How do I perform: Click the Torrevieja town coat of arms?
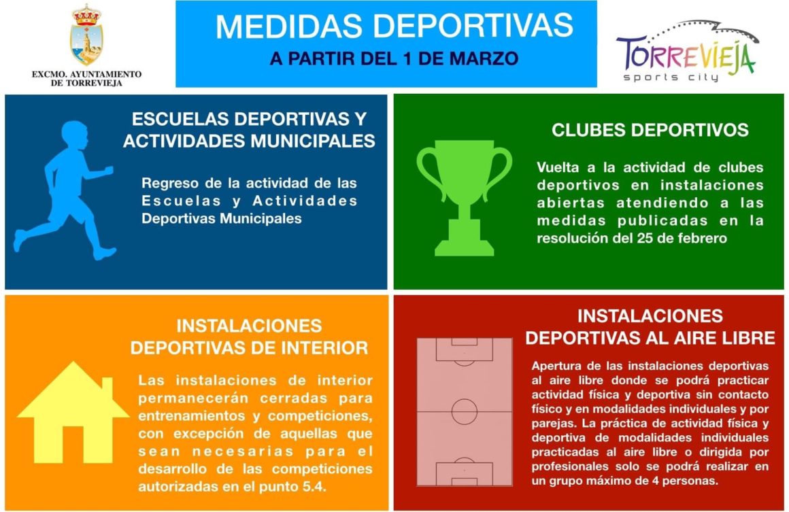pyautogui.click(x=86, y=37)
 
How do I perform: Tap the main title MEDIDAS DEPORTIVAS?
pyautogui.click(x=394, y=27)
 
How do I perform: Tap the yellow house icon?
pyautogui.click(x=73, y=422)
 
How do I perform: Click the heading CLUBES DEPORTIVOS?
pyautogui.click(x=650, y=130)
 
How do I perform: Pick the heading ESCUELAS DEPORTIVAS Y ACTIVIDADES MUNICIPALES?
pyautogui.click(x=249, y=130)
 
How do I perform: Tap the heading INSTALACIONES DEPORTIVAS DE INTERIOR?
pyautogui.click(x=249, y=337)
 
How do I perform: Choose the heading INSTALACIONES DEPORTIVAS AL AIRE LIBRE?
pyautogui.click(x=650, y=327)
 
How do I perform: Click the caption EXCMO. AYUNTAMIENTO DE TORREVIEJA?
pyautogui.click(x=86, y=78)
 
